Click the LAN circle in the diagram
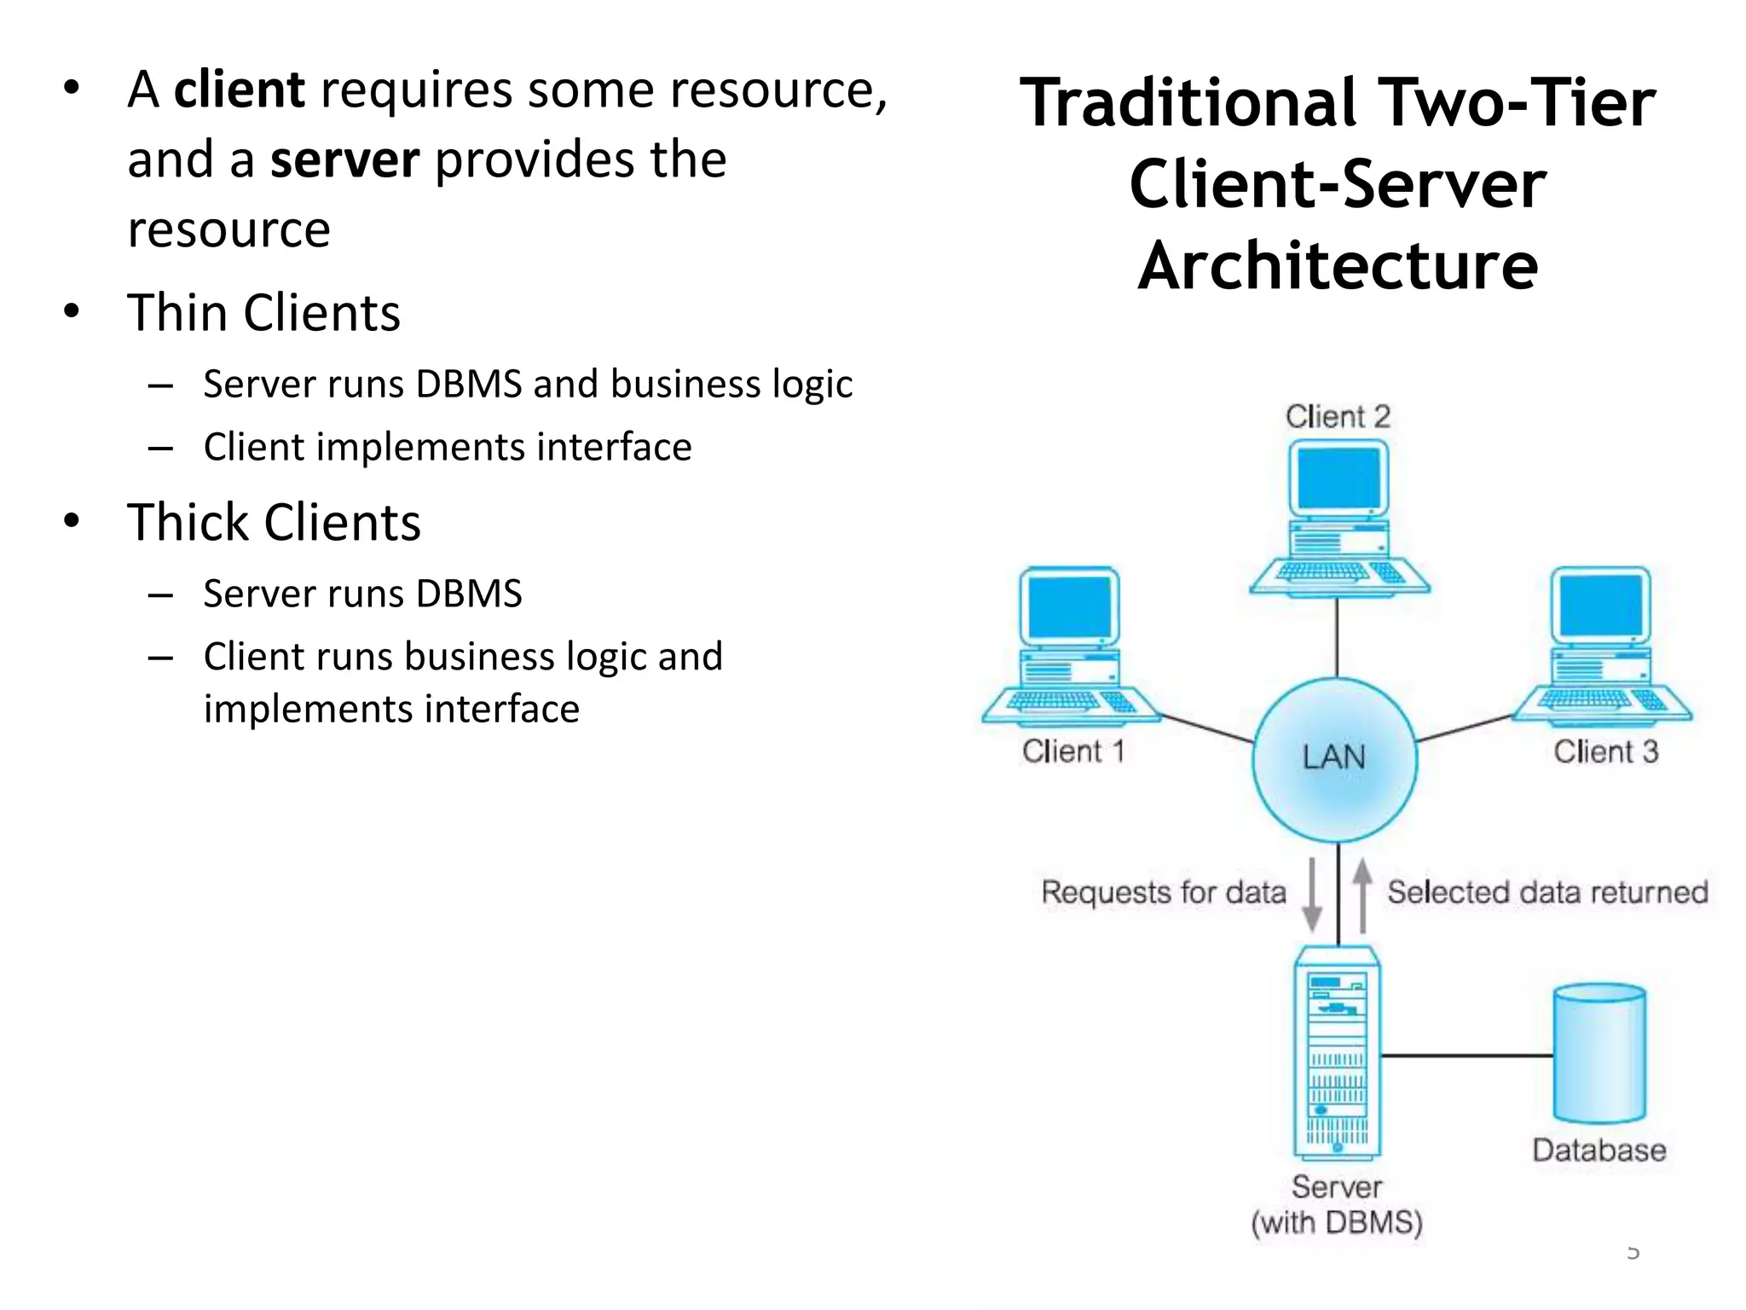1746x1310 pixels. pyautogui.click(x=1335, y=759)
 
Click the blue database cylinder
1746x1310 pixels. pyautogui.click(x=1599, y=1054)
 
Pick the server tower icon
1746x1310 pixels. pyautogui.click(x=1337, y=1053)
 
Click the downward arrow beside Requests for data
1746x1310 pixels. pyautogui.click(x=1313, y=894)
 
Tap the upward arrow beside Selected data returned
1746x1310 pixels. pyautogui.click(x=1362, y=894)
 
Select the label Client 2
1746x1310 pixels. pyautogui.click(x=1338, y=417)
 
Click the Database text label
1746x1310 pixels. pyautogui.click(x=1599, y=1151)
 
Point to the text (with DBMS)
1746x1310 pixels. pyautogui.click(x=1337, y=1222)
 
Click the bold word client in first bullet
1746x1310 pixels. pyautogui.click(x=240, y=90)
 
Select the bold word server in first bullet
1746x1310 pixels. pyautogui.click(x=345, y=159)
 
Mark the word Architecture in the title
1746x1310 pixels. pyautogui.click(x=1338, y=266)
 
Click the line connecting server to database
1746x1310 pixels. pyautogui.click(x=1466, y=1056)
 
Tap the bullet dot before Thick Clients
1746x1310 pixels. pyautogui.click(x=72, y=520)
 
